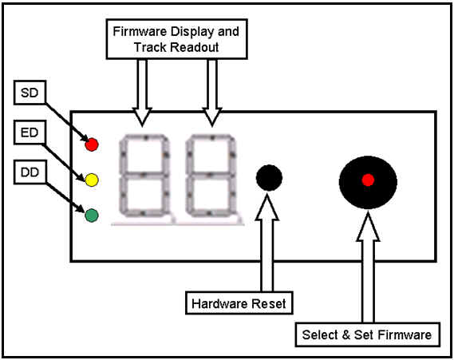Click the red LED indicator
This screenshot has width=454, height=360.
click(x=92, y=144)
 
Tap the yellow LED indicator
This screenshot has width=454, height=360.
click(x=92, y=180)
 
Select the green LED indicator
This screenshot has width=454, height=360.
click(x=92, y=216)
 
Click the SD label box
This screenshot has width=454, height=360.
click(x=30, y=93)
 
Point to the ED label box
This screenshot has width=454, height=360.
click(x=30, y=133)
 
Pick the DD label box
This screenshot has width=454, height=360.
click(x=30, y=172)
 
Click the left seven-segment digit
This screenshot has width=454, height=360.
click(x=144, y=176)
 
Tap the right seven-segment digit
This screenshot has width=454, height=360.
click(x=211, y=176)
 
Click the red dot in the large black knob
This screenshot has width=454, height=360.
click(x=368, y=180)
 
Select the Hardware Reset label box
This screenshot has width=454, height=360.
click(x=239, y=303)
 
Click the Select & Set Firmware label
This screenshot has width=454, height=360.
click(x=367, y=334)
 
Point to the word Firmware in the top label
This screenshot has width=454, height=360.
click(x=140, y=32)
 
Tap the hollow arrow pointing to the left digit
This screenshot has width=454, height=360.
click(x=142, y=93)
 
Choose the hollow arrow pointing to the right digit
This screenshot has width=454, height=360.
click(x=212, y=93)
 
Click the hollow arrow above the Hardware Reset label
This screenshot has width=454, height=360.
click(x=267, y=243)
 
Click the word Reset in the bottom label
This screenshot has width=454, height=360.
click(x=269, y=303)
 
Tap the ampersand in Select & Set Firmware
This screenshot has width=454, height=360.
click(x=346, y=334)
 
